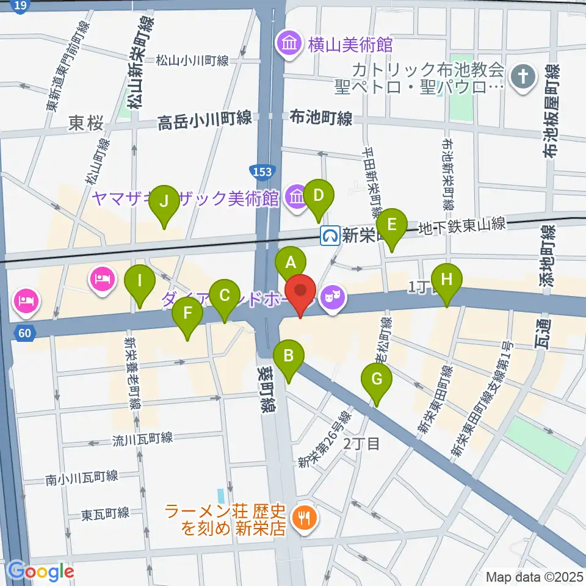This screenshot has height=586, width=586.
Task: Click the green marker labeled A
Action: [x=291, y=263]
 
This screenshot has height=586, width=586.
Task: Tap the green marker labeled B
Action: [x=289, y=355]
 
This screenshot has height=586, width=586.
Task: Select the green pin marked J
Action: [x=164, y=201]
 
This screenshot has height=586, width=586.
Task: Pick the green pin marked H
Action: [x=447, y=280]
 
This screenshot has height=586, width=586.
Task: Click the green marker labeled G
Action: [x=377, y=380]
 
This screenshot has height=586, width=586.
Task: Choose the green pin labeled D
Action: [x=318, y=196]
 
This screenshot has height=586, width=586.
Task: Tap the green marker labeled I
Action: [x=140, y=281]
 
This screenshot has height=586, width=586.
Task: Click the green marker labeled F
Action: [x=187, y=314]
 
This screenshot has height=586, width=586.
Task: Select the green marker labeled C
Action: [x=224, y=296]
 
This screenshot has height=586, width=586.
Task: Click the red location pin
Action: [x=300, y=291]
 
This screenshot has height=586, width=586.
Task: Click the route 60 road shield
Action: [x=23, y=333]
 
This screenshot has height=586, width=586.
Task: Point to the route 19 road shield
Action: [x=20, y=6]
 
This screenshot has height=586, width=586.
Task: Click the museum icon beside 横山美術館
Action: [x=287, y=43]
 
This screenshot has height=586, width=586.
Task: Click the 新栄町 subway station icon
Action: [x=330, y=234]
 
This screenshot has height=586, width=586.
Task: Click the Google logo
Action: [x=42, y=571]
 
